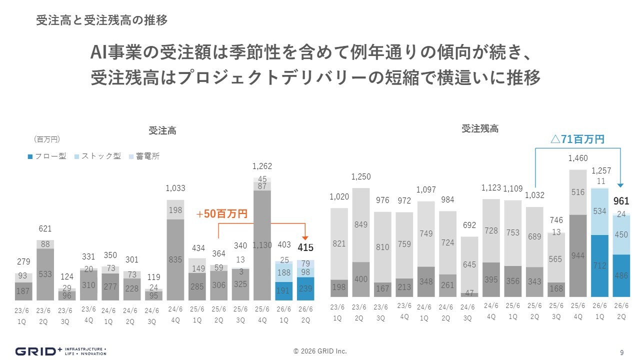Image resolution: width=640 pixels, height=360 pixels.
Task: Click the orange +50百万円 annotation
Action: pos(221,214)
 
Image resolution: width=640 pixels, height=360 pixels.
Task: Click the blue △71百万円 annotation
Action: pos(577,139)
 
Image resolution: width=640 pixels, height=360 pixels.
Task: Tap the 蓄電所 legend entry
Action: pos(144,156)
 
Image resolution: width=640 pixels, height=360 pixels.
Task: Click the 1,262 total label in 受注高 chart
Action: pos(262,166)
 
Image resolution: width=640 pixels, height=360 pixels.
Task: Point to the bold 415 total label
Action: pos(305,247)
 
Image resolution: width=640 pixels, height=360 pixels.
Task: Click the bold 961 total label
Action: pos(621,201)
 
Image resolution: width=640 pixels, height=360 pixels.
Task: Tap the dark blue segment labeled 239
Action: pos(305,288)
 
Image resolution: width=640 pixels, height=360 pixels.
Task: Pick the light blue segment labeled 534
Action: pos(599,212)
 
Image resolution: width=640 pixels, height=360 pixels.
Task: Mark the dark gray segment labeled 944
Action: pos(577,256)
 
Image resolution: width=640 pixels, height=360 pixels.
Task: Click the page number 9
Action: pos(621,352)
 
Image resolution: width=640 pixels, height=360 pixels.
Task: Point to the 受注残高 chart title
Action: pos(480,128)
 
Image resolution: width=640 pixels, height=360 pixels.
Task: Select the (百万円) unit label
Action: pos(46,138)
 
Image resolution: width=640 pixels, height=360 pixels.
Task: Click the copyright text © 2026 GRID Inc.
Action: pos(320,351)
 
